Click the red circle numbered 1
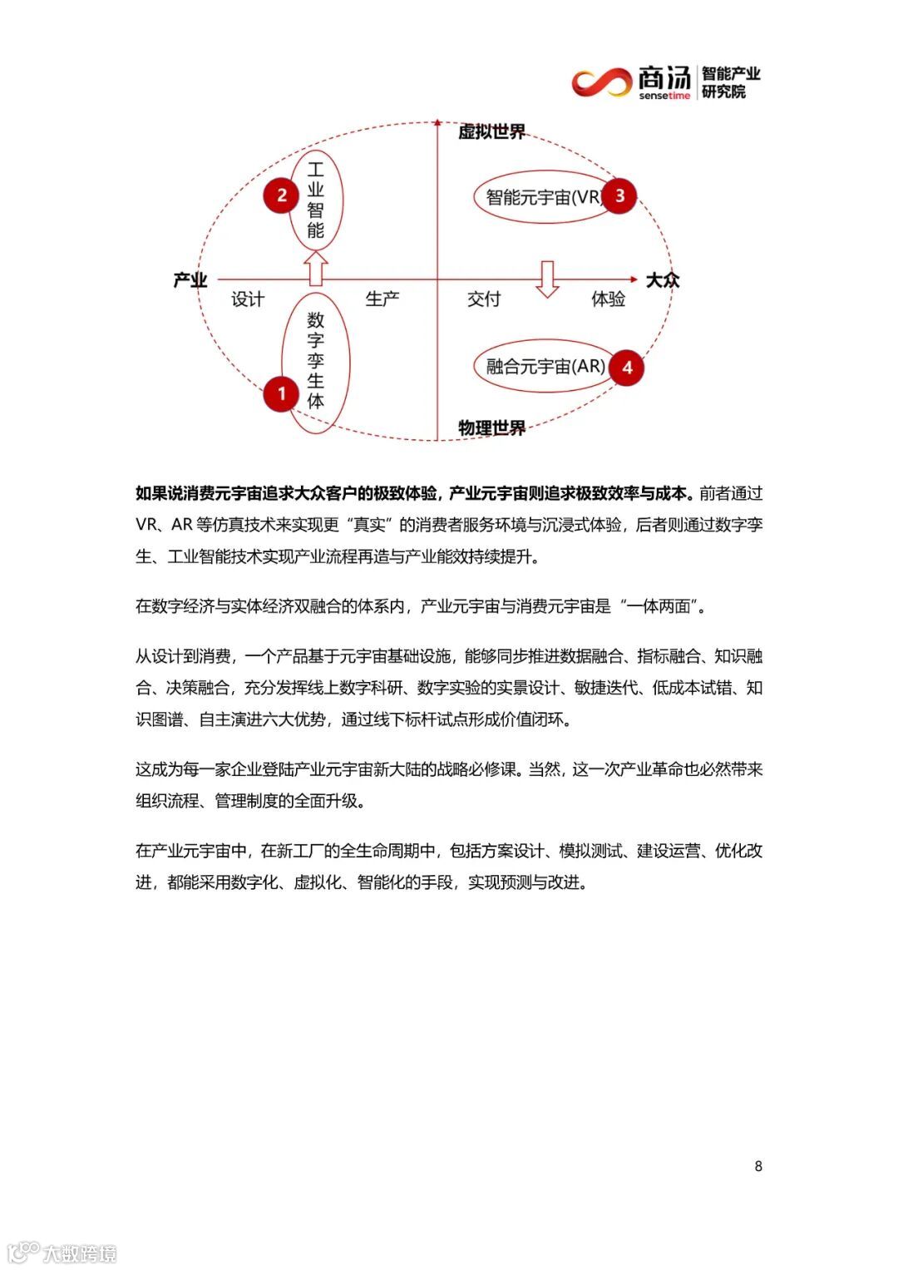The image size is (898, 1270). point(282,393)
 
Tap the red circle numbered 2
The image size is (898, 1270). point(282,195)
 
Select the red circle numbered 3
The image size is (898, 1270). point(619,196)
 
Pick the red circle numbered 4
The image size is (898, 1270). point(627,368)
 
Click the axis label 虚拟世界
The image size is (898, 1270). point(492,132)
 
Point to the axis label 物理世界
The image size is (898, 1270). point(492,428)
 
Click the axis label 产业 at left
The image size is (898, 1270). point(190,280)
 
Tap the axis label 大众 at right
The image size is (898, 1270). point(663,280)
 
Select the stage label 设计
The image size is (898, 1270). point(248,299)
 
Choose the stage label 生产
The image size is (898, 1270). point(382,299)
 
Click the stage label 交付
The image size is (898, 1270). point(484,299)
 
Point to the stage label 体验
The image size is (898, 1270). point(608,299)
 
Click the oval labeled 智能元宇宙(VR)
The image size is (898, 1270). point(540,197)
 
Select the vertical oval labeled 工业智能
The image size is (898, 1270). point(315,200)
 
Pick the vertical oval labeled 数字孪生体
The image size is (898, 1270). point(315,361)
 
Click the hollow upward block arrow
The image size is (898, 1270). point(315,269)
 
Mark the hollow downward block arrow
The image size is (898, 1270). point(546,279)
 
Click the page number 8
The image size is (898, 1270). point(757,1166)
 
